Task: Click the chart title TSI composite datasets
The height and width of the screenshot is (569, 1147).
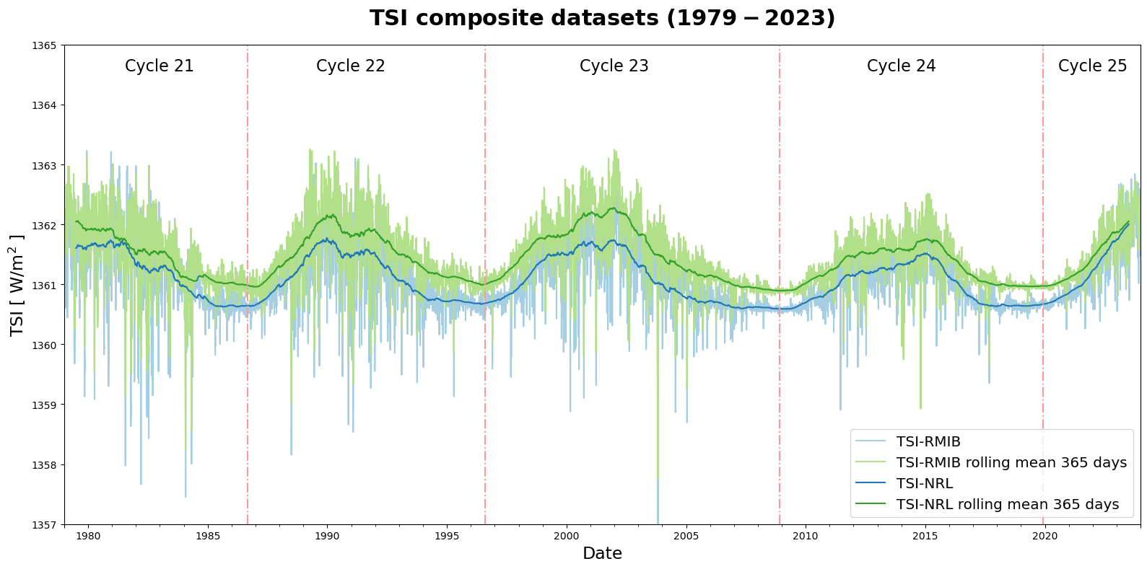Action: click(602, 18)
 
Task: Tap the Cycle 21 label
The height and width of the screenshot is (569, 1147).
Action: click(159, 66)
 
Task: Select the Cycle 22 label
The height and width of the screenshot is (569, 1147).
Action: click(350, 66)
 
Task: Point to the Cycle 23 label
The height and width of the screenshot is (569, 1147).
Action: click(614, 66)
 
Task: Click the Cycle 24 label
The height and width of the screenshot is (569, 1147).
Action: click(901, 66)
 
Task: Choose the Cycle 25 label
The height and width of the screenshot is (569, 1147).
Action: click(1092, 66)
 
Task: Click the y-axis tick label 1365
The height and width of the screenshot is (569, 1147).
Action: click(44, 45)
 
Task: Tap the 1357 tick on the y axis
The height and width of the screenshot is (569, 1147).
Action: click(44, 525)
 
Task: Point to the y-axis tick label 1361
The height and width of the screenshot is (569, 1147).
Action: click(44, 286)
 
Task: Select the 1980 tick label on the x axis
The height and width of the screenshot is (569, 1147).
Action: click(88, 537)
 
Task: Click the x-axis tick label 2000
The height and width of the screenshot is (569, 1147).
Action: click(566, 537)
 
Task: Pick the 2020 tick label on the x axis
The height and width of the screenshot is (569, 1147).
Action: click(1044, 537)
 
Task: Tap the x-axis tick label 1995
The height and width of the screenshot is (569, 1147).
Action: click(447, 537)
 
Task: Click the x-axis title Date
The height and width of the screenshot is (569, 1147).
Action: click(602, 554)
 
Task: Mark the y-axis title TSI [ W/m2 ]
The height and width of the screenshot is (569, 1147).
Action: click(17, 286)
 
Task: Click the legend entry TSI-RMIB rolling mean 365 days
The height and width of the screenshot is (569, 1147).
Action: click(1011, 463)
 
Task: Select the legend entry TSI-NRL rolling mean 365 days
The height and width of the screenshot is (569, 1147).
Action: click(1007, 505)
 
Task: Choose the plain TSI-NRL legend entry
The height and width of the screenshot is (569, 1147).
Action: click(924, 484)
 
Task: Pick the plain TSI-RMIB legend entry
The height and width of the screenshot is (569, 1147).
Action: click(928, 442)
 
